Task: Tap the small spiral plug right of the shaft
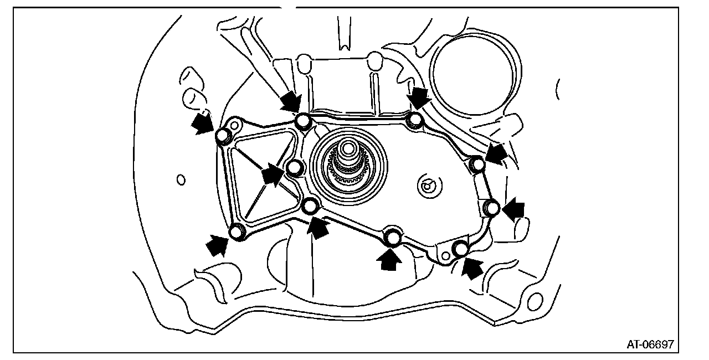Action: [x=427, y=185]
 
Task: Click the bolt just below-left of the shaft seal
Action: [x=311, y=206]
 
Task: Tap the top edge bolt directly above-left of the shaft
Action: [x=302, y=121]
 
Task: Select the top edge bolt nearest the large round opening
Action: [x=414, y=120]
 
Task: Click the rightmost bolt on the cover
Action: [x=492, y=208]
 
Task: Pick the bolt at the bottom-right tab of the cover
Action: [x=460, y=249]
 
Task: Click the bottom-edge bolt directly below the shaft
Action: [x=393, y=237]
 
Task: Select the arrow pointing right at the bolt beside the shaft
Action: [x=273, y=175]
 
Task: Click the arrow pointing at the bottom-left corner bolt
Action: [x=218, y=245]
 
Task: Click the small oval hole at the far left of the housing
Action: [x=180, y=179]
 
